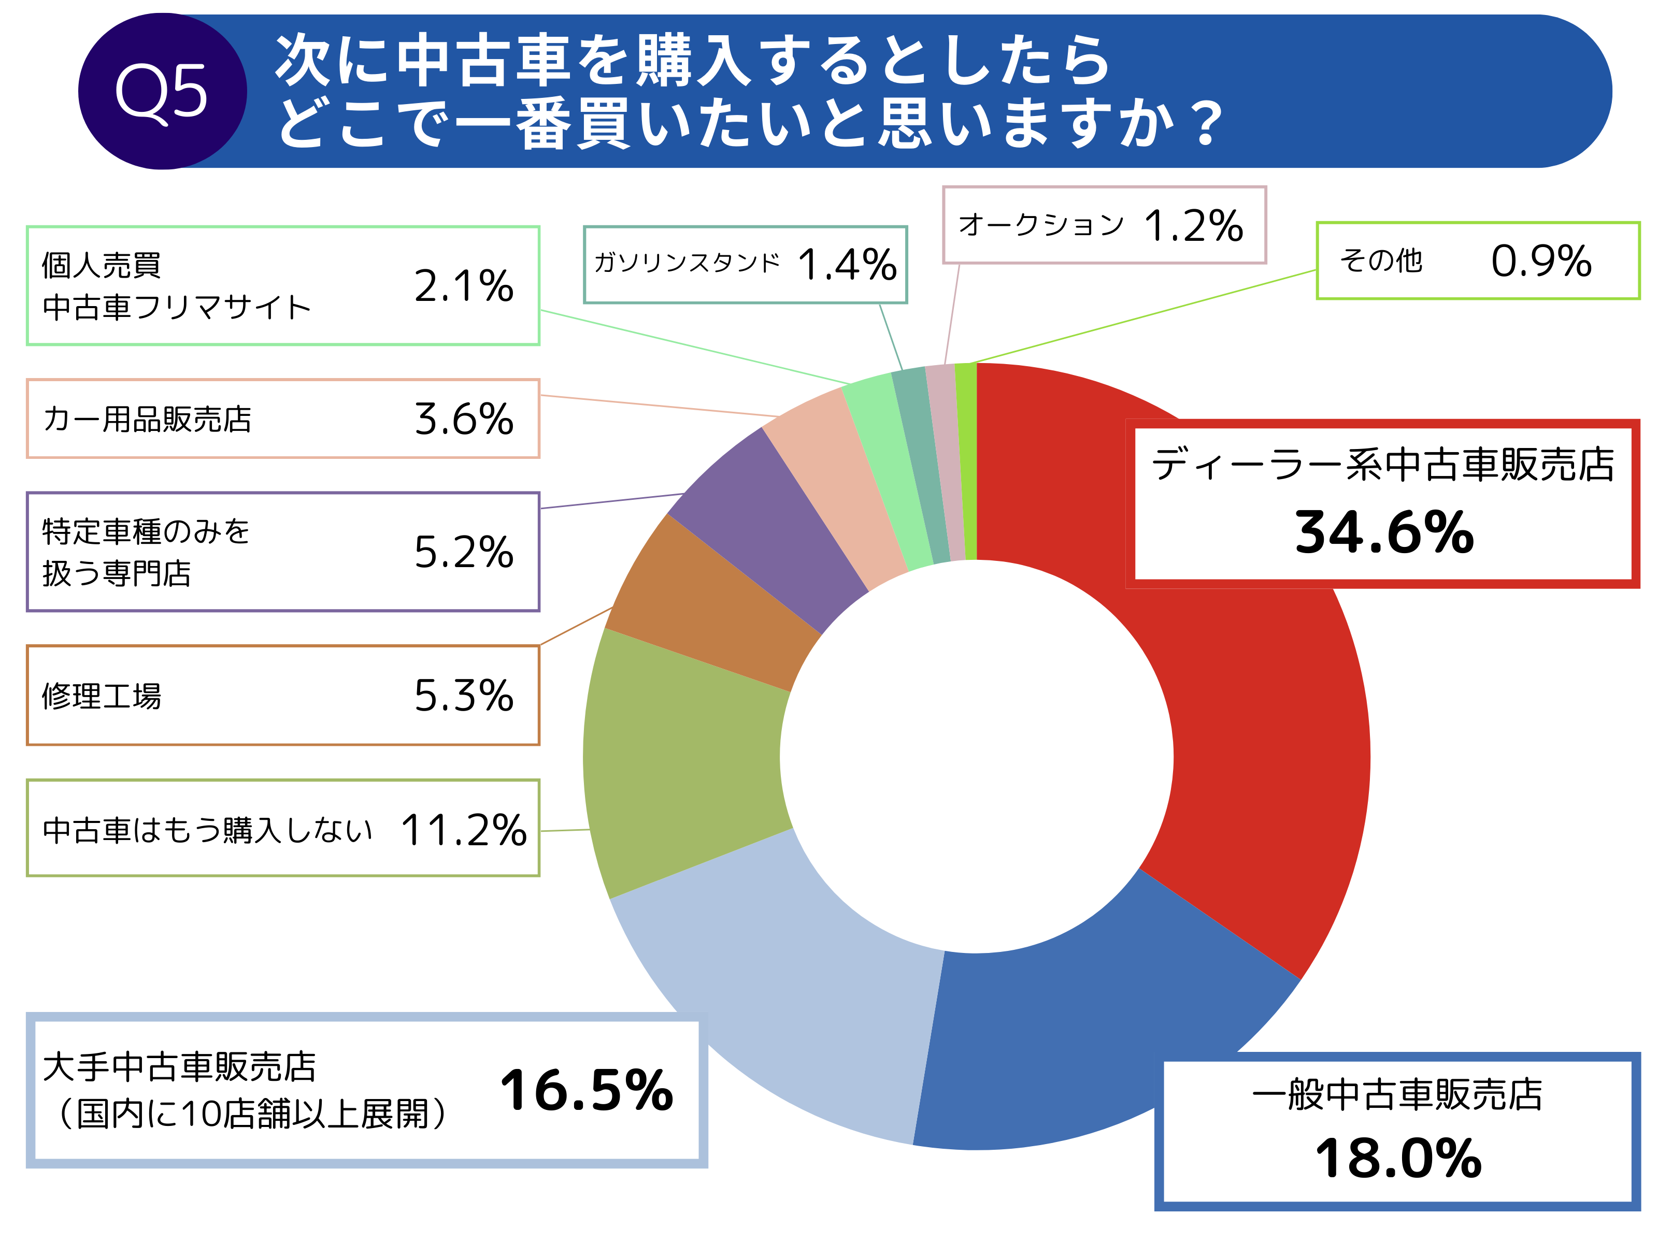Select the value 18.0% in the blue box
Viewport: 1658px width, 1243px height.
click(x=1398, y=1158)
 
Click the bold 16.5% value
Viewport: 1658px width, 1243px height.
click(x=586, y=1090)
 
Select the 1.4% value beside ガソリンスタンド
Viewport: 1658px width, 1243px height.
click(x=847, y=265)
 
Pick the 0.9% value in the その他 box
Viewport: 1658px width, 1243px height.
click(x=1541, y=261)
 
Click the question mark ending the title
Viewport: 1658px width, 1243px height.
click(x=1207, y=124)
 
